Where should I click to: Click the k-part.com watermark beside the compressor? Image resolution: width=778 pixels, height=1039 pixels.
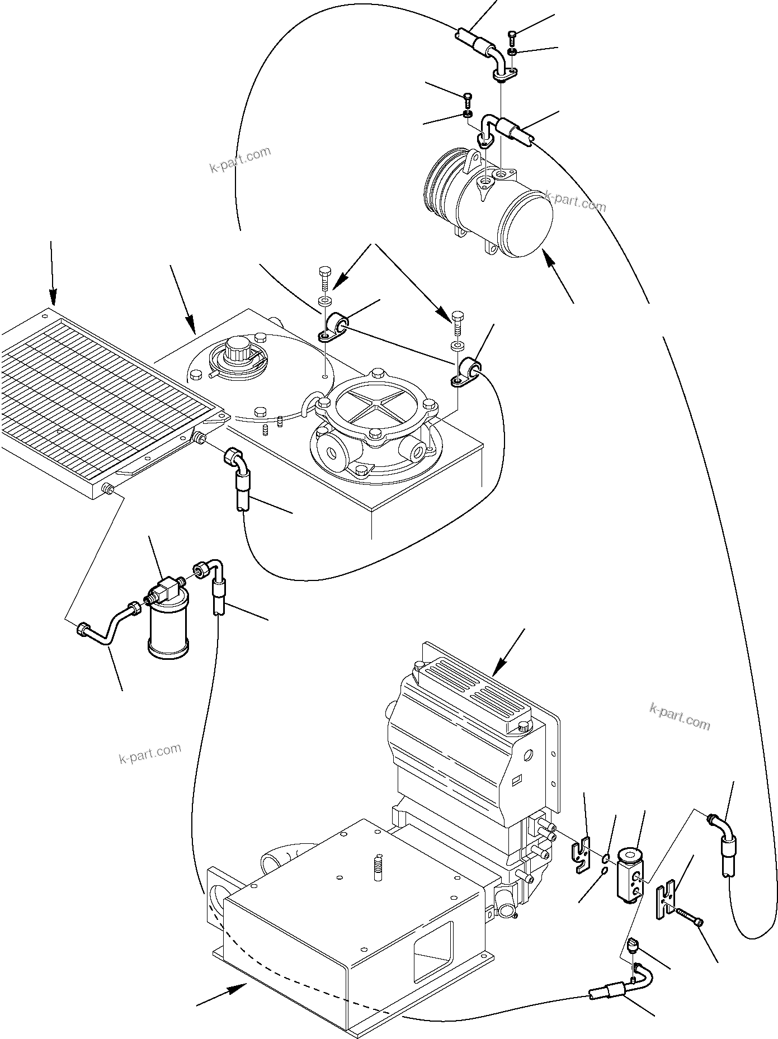point(575,201)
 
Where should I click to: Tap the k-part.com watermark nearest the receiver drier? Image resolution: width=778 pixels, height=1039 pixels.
point(150,754)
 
